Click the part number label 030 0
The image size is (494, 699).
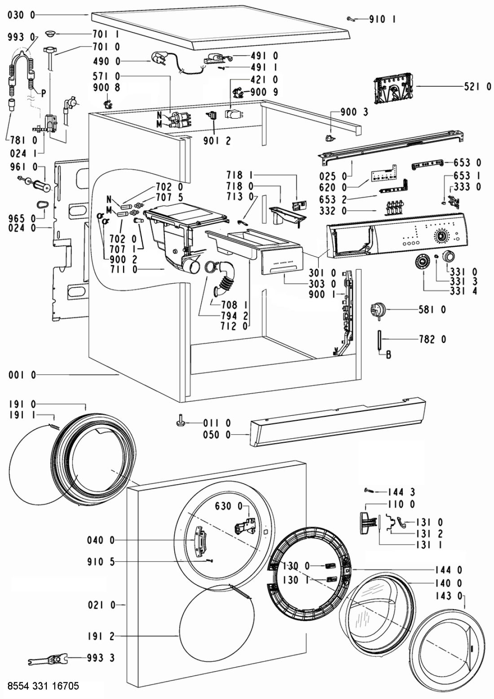pos(21,15)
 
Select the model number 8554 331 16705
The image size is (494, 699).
pos(43,686)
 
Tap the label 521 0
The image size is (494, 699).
pos(477,87)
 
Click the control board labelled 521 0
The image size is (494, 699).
pos(392,89)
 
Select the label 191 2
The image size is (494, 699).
pos(101,636)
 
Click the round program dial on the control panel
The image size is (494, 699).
pos(441,236)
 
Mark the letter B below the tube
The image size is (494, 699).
pos(388,355)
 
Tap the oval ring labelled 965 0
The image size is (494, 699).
pos(42,205)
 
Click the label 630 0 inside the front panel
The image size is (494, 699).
pos(229,506)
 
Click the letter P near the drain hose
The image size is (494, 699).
pos(44,93)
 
